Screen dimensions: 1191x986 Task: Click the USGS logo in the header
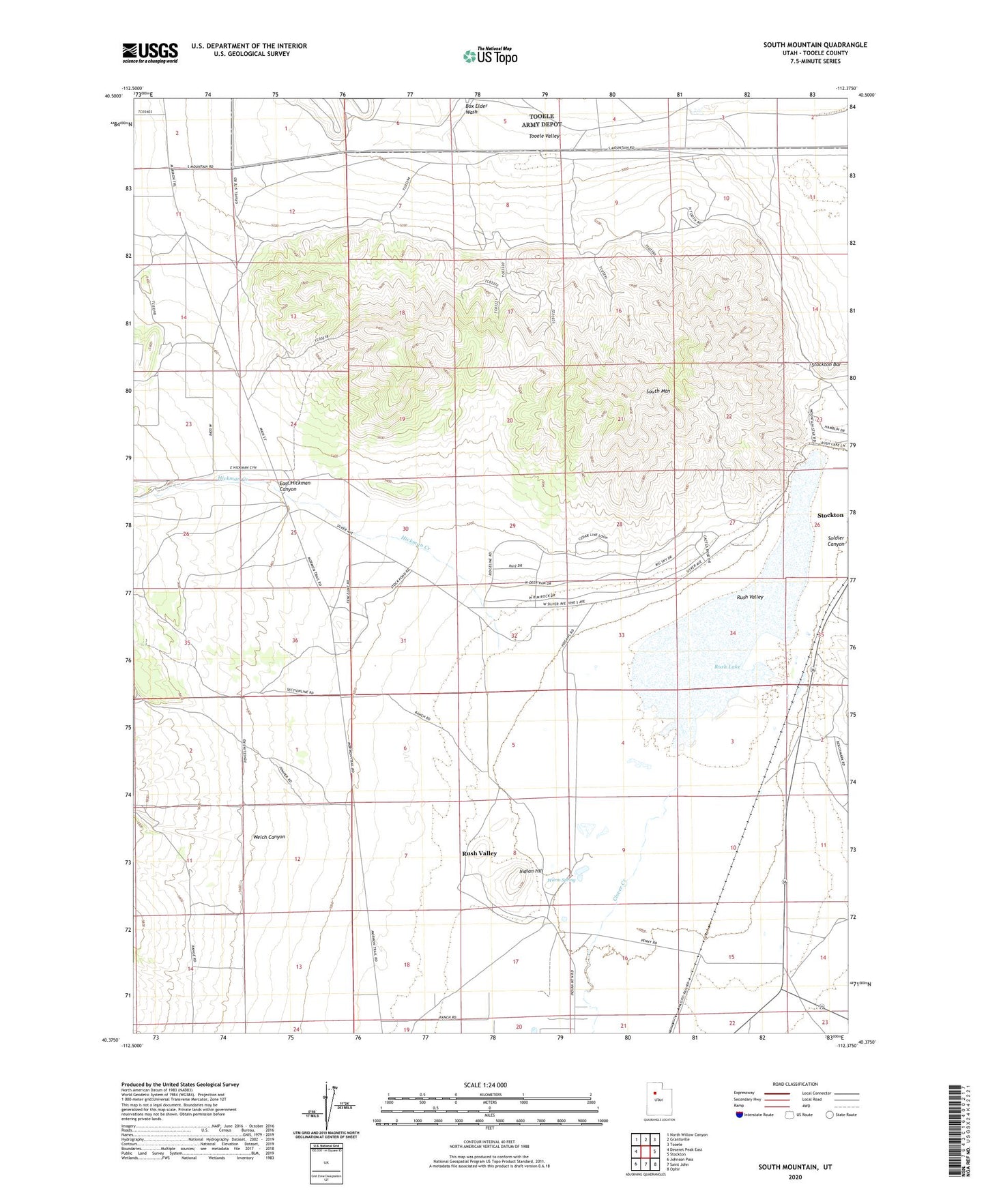point(149,52)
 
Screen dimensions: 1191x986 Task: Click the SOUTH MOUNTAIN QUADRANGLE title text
point(815,45)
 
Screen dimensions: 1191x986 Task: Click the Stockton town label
point(830,515)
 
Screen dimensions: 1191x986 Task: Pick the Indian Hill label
point(530,871)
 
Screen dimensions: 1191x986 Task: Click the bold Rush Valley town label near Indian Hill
point(479,853)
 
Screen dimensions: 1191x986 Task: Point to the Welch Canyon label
point(268,837)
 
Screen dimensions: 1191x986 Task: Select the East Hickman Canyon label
point(295,486)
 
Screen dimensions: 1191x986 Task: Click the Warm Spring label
point(562,880)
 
